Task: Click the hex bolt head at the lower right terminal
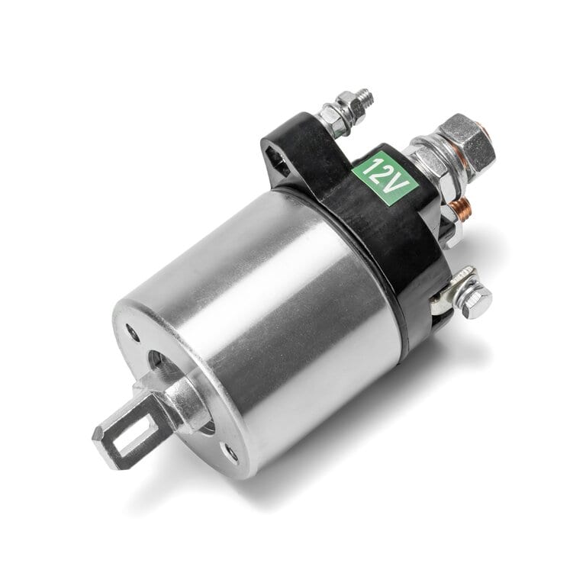point(475,303)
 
